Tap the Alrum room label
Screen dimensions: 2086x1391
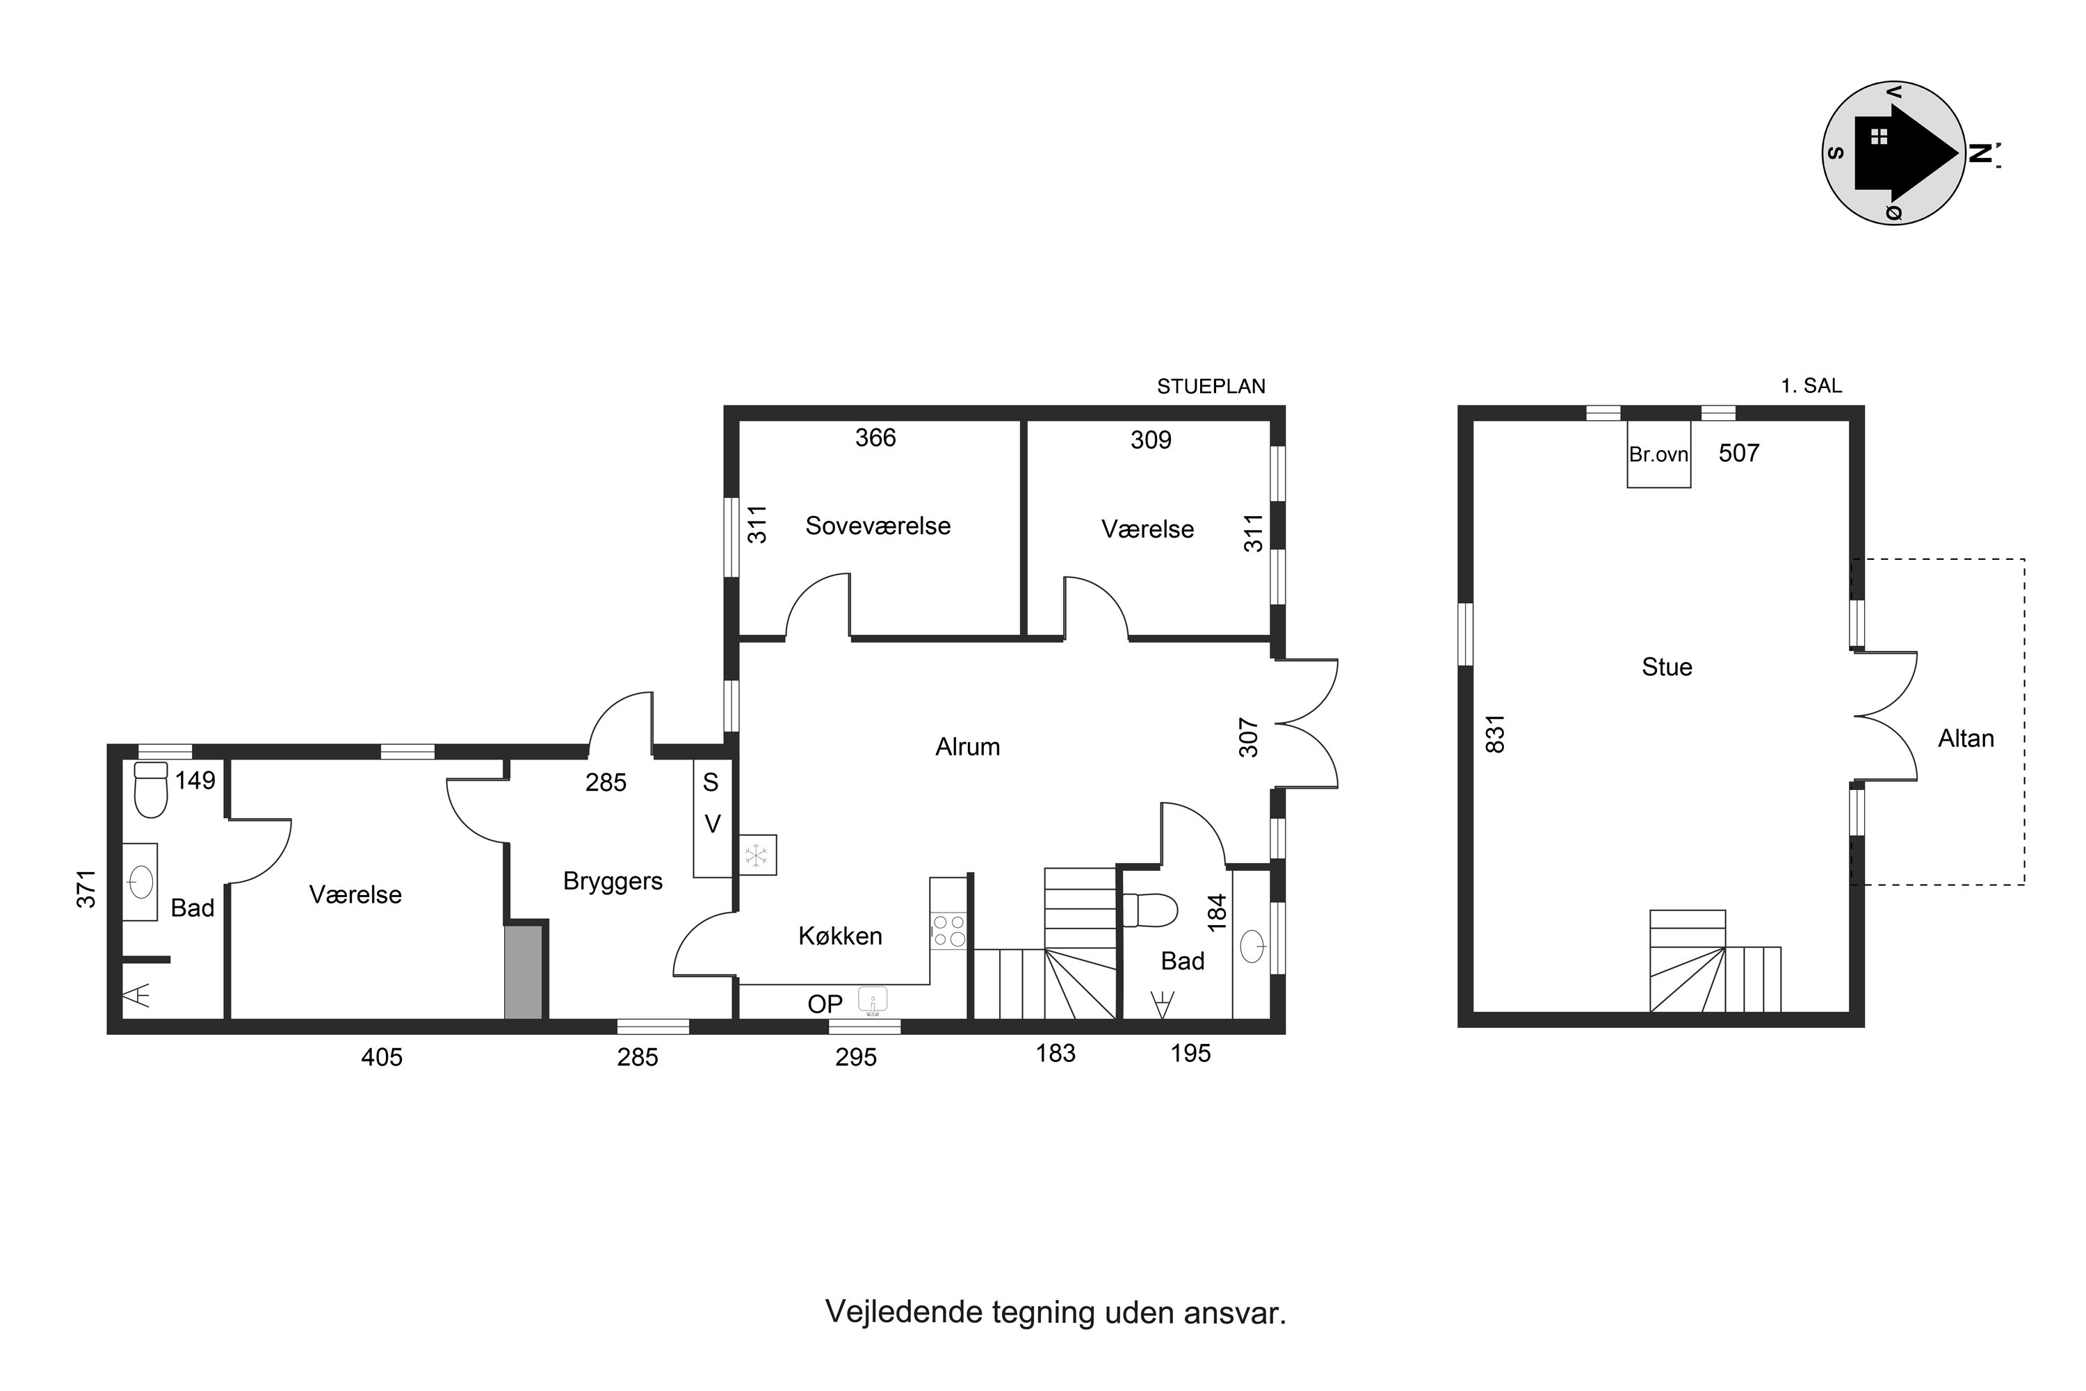[968, 747]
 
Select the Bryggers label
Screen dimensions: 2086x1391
[613, 882]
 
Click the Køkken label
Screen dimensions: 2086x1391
[840, 936]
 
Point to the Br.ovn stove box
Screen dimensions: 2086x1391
[1658, 454]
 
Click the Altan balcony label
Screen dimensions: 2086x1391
[1966, 738]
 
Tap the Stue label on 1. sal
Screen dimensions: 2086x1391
[1667, 667]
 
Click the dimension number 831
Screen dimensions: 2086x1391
[1496, 734]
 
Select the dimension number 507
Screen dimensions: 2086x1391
[1738, 453]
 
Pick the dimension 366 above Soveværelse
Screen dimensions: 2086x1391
[875, 437]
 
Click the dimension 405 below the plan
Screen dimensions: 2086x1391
[381, 1056]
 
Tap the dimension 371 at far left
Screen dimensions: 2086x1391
[85, 889]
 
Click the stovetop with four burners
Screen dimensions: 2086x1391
[948, 931]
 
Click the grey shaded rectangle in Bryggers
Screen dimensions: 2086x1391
[524, 972]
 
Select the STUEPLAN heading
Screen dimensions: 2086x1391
[1211, 387]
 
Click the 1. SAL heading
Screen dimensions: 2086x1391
[1811, 386]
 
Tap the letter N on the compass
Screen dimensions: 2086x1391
[1980, 154]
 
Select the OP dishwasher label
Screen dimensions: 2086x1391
[825, 1004]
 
